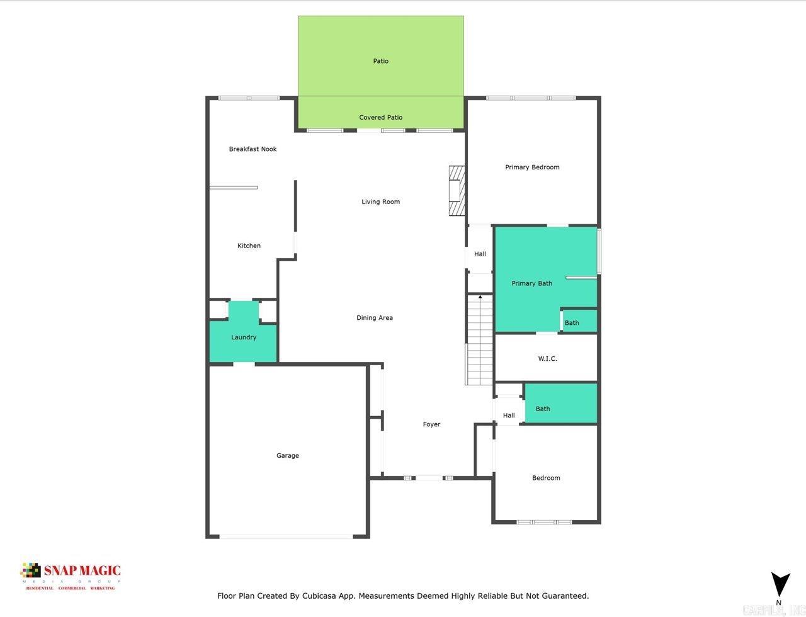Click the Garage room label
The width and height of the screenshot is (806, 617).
(288, 455)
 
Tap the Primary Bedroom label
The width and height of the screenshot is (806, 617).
(532, 167)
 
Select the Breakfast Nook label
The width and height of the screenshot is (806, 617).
(253, 149)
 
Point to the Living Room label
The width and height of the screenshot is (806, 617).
(380, 201)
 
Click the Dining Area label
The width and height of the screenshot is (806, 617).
(375, 317)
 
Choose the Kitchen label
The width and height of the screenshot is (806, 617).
(249, 246)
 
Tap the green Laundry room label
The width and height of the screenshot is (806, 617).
(244, 337)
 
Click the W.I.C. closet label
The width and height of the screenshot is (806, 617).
(547, 358)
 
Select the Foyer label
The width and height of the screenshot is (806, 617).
(431, 424)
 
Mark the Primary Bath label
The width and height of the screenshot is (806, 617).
(531, 283)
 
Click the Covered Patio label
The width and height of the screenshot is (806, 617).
(380, 117)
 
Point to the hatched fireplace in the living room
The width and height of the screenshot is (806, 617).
(456, 191)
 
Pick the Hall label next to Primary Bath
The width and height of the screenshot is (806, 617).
(480, 254)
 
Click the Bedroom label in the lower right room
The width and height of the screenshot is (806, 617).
(546, 478)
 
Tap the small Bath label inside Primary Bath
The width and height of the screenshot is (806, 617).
(572, 323)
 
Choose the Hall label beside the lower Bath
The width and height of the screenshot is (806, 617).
(509, 416)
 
